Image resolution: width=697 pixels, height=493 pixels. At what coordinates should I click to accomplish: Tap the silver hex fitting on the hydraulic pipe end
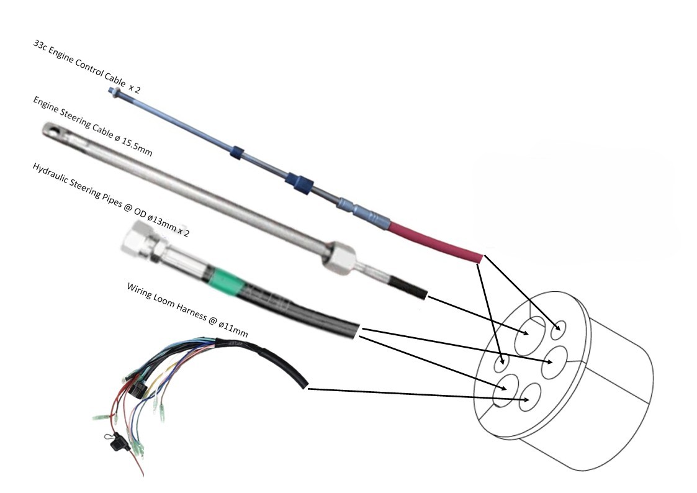click(138, 239)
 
